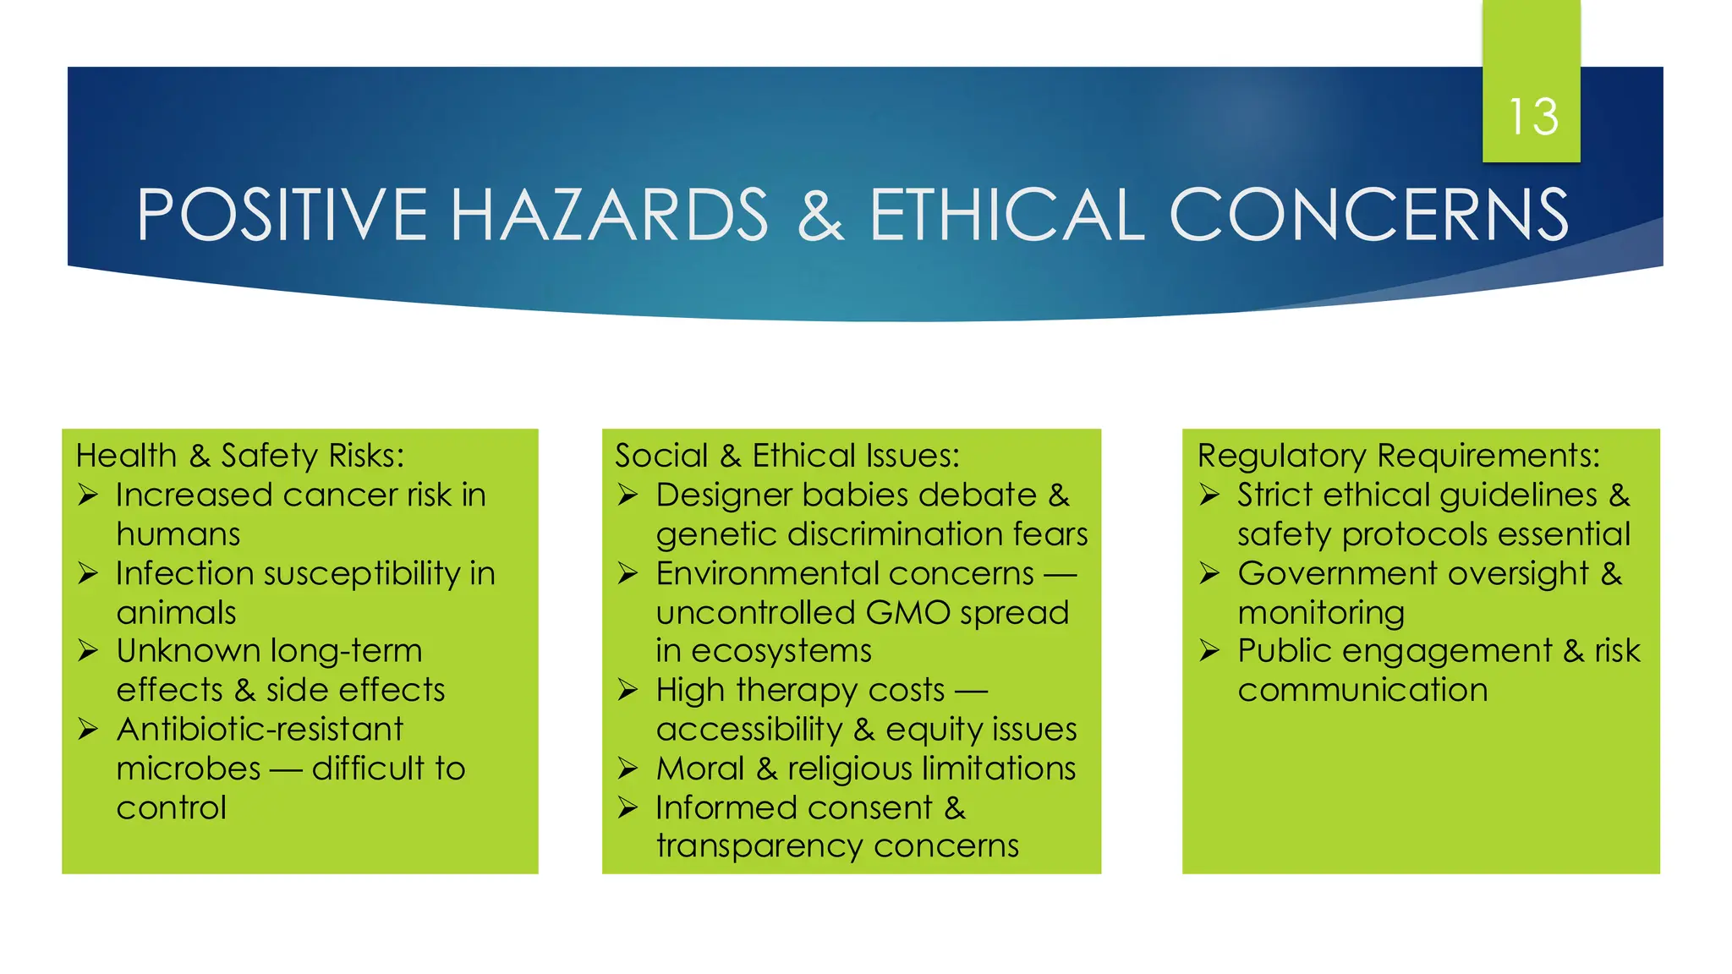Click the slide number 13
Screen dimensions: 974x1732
coord(1532,117)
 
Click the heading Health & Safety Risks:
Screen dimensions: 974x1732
coord(240,456)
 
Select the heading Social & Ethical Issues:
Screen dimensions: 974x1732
coord(787,456)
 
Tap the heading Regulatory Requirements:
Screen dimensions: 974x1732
coord(1399,456)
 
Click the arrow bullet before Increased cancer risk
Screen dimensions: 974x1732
coord(88,495)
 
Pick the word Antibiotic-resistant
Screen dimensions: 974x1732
coord(260,730)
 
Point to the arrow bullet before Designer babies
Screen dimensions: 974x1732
coord(628,495)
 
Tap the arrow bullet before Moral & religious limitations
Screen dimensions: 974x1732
coord(628,769)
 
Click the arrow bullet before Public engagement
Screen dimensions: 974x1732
coord(1209,651)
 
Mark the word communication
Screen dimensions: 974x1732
coord(1362,691)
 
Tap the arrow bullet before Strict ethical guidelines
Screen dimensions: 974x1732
coord(1209,495)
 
